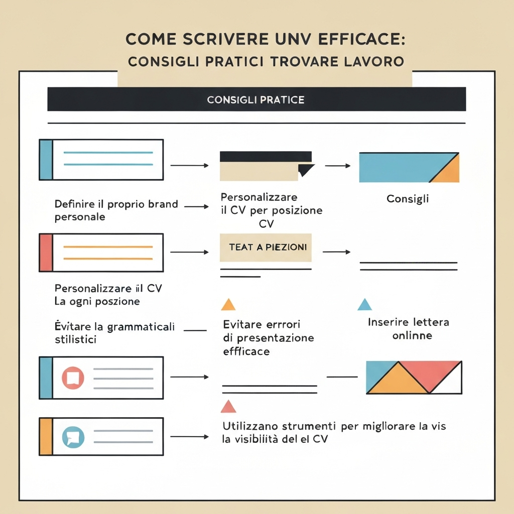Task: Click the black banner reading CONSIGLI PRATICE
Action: [256, 99]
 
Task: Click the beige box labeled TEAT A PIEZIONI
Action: [266, 247]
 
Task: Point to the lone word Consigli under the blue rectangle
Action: [408, 199]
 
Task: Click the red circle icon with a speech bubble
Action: [73, 377]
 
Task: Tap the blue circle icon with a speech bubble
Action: [73, 437]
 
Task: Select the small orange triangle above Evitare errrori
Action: [228, 305]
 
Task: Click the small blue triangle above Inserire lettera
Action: [364, 305]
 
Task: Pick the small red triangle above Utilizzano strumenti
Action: [228, 407]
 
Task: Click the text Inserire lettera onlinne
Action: [409, 329]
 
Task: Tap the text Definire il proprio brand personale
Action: [115, 210]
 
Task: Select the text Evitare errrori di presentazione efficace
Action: [268, 338]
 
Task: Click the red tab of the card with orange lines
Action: [46, 252]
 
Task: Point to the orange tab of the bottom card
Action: [46, 437]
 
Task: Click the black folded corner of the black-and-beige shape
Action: [306, 170]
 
